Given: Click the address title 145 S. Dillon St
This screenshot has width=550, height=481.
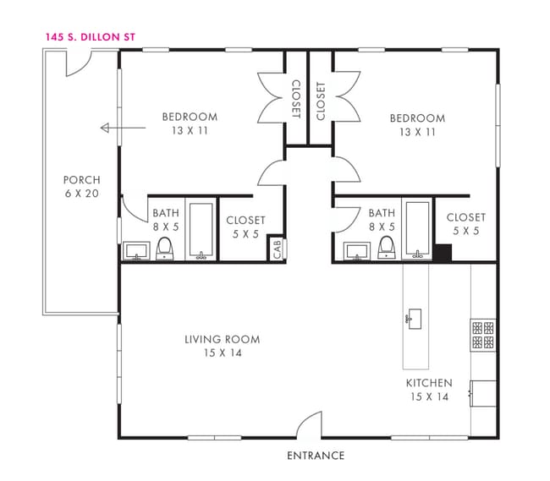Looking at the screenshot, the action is point(91,37).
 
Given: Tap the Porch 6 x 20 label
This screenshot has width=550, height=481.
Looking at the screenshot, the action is point(82,187).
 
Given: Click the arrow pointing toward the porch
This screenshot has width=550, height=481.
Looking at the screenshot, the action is point(123,128).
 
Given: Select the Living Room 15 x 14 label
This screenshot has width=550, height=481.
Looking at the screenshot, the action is point(223,346).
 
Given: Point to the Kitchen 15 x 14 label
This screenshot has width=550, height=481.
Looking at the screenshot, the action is point(429,390).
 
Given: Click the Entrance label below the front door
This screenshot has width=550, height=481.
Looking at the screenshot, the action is point(316,456).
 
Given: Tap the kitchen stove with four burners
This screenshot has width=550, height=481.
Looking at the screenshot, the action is point(483,335).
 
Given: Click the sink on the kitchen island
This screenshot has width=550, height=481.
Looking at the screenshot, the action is point(414,319).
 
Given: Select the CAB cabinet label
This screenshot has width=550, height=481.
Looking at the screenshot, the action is point(277,249).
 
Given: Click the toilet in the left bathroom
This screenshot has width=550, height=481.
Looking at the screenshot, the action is point(164,249).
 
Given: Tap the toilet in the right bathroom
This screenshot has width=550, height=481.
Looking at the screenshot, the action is point(387,248).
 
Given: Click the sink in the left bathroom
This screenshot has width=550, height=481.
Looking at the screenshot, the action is point(136,251).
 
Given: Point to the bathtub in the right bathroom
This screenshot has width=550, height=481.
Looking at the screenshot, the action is point(417,229).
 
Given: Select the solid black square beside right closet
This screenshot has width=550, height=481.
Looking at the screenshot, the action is point(443,253).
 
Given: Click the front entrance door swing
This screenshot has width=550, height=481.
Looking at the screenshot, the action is point(309,424).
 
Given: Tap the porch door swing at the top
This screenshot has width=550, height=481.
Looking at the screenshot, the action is point(79,63).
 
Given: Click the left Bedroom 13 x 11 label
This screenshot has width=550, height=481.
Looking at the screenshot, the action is point(190,123).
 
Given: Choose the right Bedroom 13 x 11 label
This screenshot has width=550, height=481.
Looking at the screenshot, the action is point(417,125).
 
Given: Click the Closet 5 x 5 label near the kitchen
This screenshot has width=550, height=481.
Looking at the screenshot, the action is point(466,224).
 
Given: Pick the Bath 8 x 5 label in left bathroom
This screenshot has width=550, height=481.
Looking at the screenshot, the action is point(166,220).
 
